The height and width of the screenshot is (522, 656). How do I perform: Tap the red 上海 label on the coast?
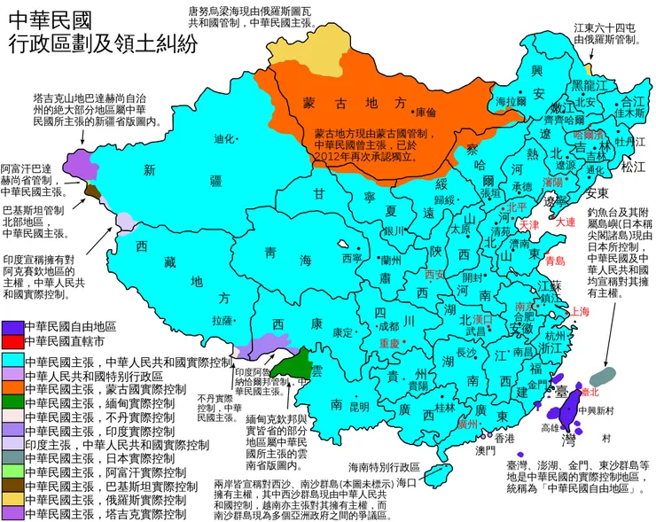pyautogui.click(x=581, y=311)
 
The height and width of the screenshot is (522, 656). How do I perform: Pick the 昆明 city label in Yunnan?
pyautogui.click(x=359, y=407)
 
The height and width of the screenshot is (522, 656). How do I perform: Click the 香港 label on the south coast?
pyautogui.click(x=504, y=438)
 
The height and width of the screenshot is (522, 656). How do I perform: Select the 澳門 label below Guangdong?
pyautogui.click(x=486, y=451)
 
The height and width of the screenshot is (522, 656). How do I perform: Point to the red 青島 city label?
pyautogui.click(x=555, y=261)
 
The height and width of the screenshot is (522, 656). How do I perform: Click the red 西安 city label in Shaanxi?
pyautogui.click(x=434, y=274)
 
